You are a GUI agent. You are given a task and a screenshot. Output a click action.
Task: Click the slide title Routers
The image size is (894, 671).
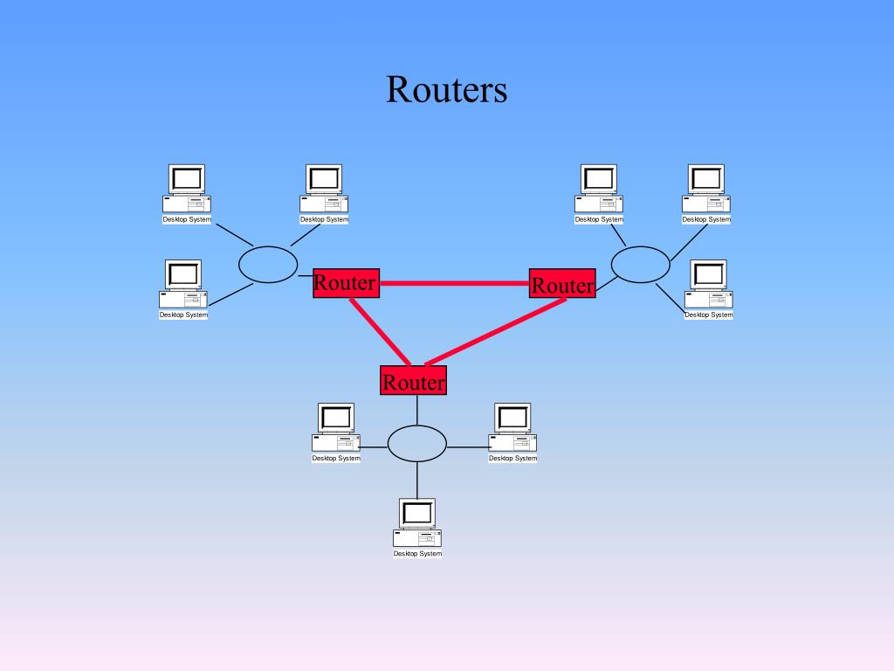tap(446, 89)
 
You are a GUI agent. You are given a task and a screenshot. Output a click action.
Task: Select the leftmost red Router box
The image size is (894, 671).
tap(346, 283)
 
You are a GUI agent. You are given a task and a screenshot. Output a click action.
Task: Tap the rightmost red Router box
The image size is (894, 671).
tap(562, 284)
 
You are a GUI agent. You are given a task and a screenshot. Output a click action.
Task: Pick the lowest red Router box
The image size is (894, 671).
tap(413, 381)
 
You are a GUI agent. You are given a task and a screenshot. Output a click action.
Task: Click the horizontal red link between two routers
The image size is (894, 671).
tap(454, 283)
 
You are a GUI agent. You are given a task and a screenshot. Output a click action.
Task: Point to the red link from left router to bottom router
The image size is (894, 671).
tap(380, 331)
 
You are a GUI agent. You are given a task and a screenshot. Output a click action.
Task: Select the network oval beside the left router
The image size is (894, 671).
tap(268, 265)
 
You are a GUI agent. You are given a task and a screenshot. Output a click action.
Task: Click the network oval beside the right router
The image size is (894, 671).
tap(640, 265)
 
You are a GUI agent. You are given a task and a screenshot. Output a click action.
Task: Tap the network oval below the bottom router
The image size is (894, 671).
tap(416, 443)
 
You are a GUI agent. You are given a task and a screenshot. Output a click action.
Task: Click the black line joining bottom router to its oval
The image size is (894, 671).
tap(416, 410)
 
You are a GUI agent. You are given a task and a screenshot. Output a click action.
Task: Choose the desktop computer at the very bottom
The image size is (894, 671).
tap(417, 522)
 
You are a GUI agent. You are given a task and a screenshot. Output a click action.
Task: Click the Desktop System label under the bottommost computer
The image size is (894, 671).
tap(417, 553)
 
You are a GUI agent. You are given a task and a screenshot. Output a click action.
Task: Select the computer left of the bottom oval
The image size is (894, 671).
tap(336, 427)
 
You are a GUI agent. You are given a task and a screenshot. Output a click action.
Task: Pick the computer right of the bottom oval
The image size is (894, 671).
tap(512, 427)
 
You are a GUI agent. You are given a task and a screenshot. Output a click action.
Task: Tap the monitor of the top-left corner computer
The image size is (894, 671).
tap(187, 178)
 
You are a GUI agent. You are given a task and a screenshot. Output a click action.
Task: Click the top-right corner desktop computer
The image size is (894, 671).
tap(705, 189)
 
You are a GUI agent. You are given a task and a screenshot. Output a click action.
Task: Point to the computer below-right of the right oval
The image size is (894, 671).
tap(708, 284)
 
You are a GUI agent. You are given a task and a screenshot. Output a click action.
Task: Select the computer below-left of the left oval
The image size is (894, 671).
tap(183, 284)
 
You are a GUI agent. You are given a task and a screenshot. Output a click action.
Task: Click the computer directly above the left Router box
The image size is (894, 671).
tap(324, 189)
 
